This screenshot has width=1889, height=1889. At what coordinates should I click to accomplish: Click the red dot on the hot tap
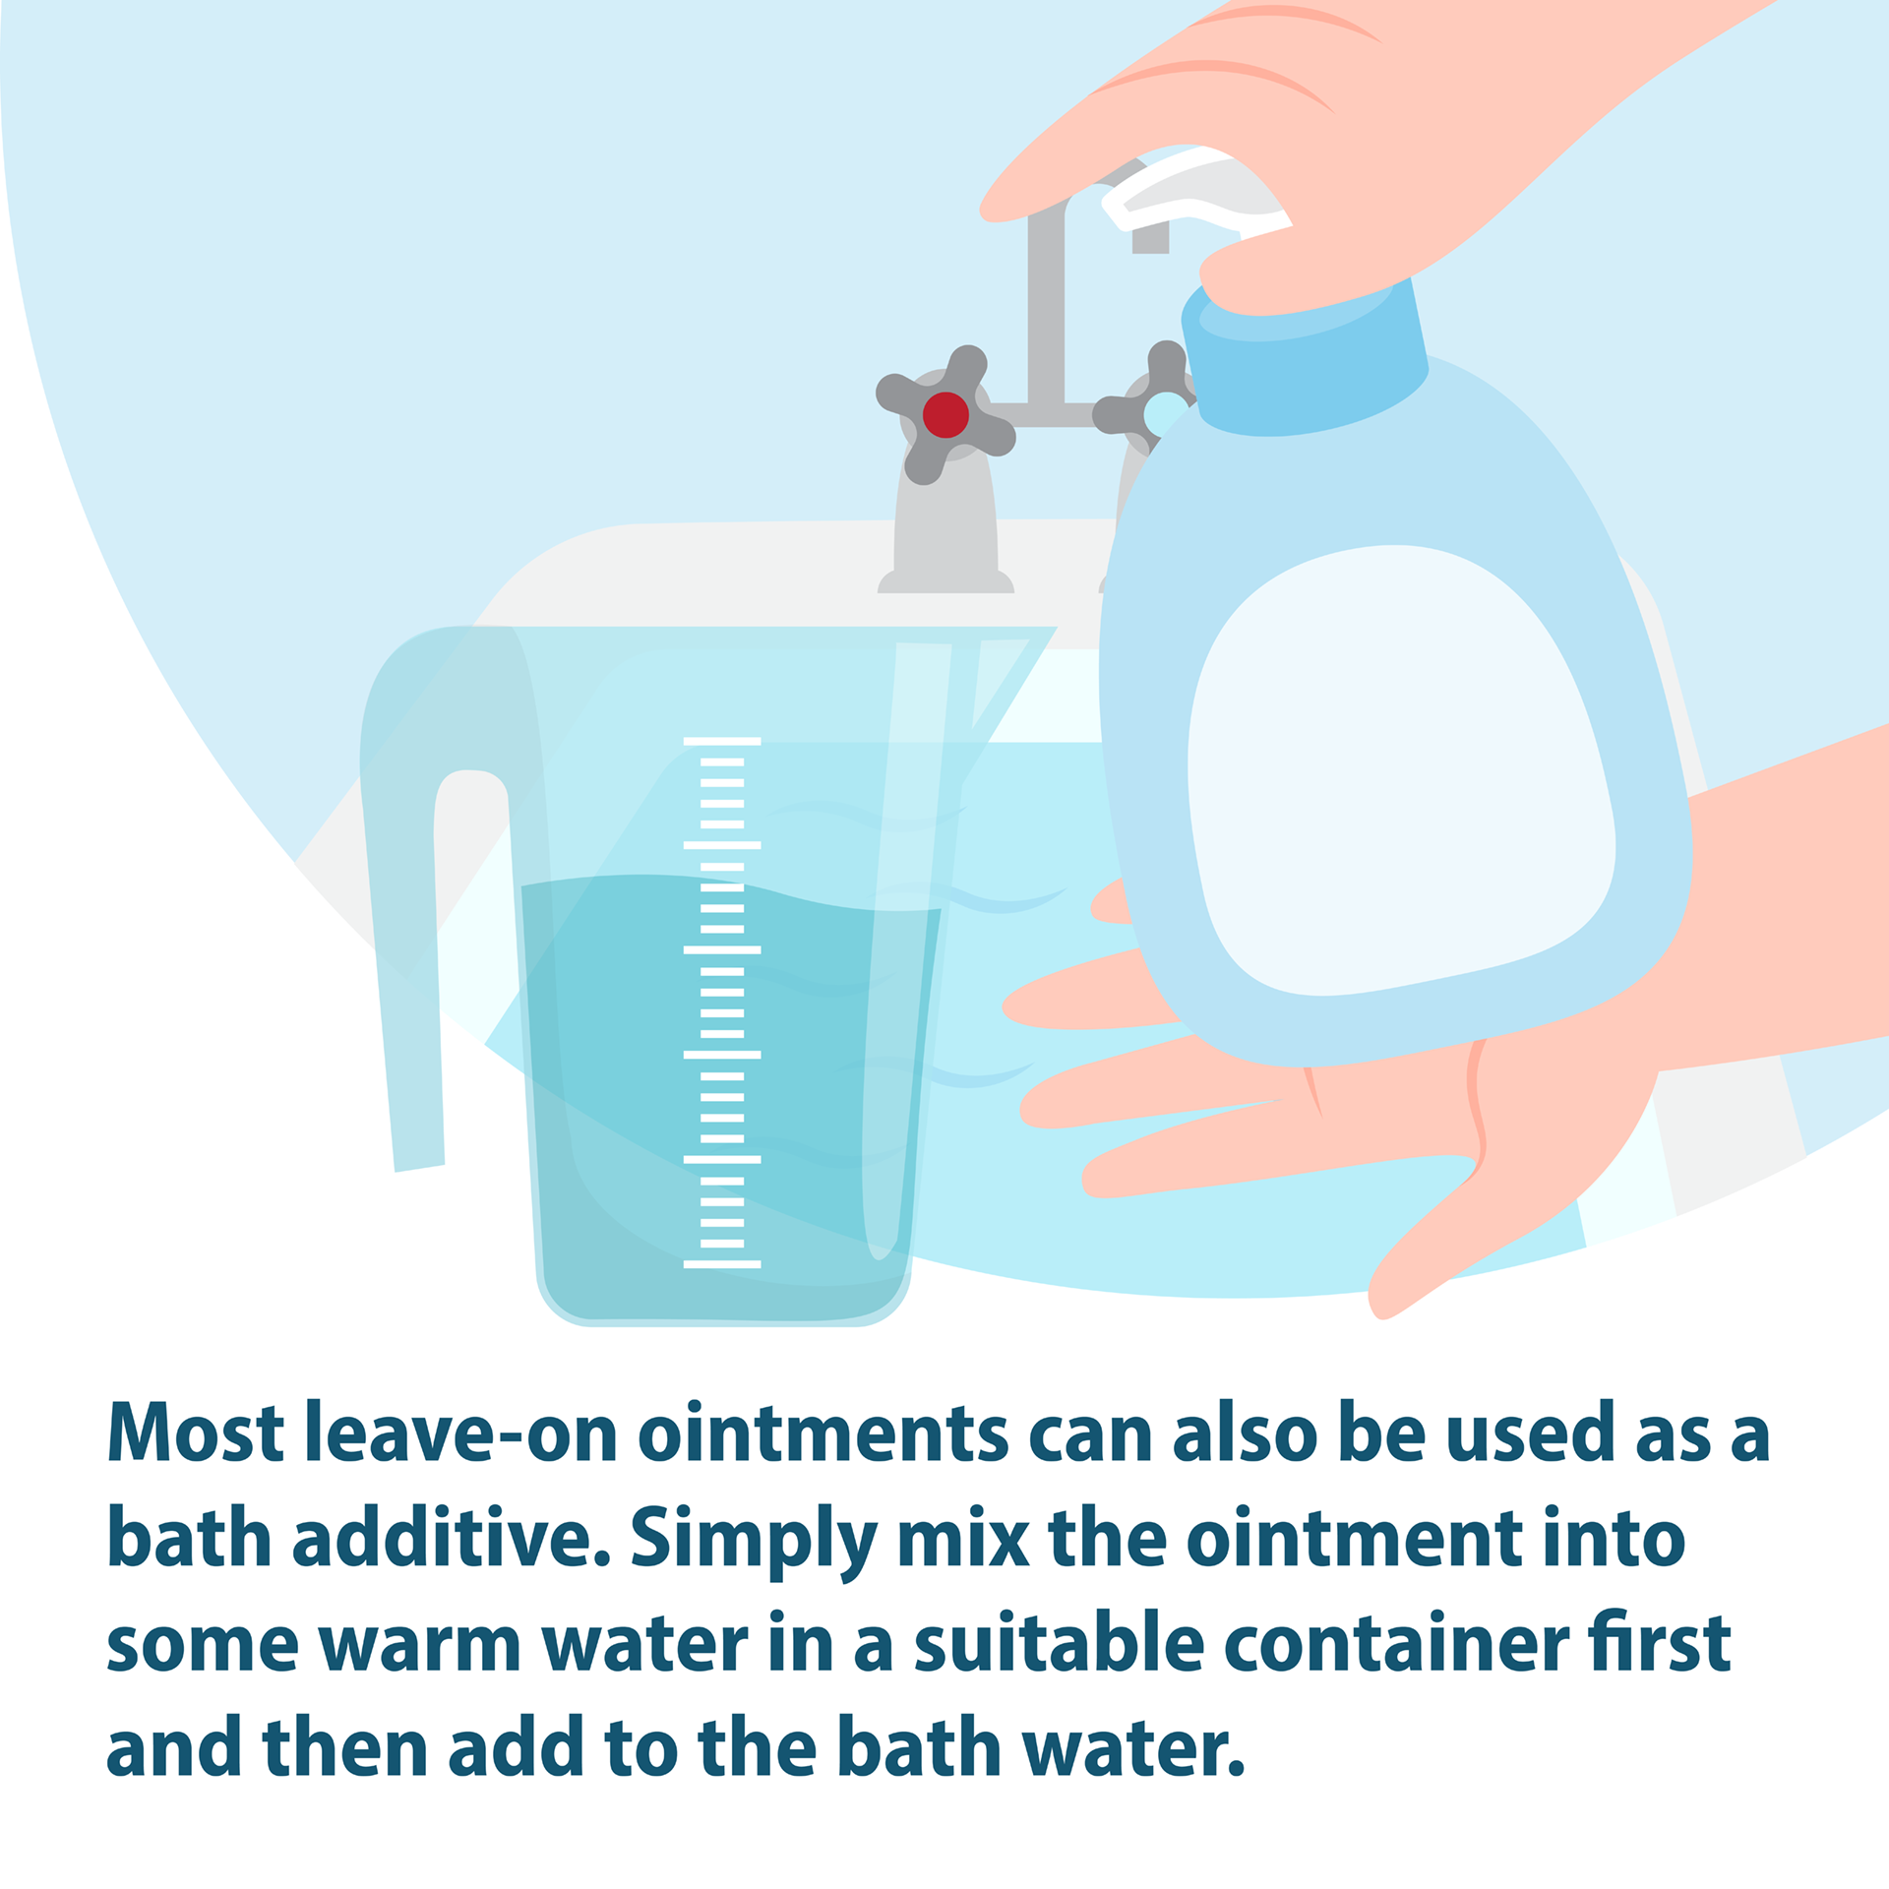[x=945, y=415]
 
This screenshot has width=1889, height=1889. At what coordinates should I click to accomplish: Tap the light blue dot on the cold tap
[x=1165, y=413]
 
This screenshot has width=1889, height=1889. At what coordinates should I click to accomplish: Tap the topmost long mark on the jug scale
[x=722, y=741]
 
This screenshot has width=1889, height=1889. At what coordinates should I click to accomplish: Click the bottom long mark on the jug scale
[x=722, y=1264]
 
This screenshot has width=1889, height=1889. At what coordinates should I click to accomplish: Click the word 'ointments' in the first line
[x=823, y=1433]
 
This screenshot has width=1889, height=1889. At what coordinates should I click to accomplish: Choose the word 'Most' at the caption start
[x=196, y=1432]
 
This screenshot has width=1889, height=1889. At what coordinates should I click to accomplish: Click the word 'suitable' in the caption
[x=1060, y=1639]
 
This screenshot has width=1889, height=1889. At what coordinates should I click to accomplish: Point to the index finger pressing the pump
[x=1131, y=148]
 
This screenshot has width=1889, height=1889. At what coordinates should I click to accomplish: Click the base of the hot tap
[x=945, y=581]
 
